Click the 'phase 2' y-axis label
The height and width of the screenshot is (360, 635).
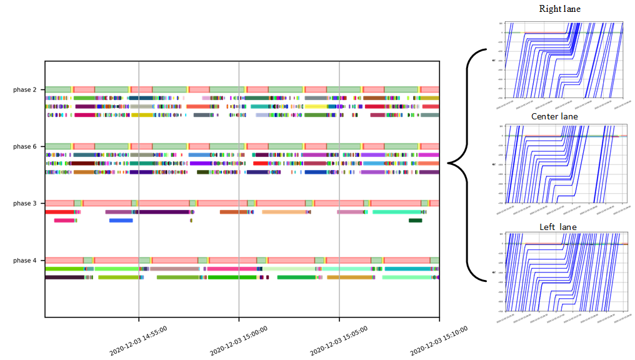coord(26,90)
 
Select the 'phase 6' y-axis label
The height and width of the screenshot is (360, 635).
coord(26,147)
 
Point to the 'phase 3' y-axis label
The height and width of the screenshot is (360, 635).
coord(26,204)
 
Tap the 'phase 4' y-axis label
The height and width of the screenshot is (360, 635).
coord(26,261)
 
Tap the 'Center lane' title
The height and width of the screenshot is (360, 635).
coord(554,117)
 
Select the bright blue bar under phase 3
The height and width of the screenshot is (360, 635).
coord(121,221)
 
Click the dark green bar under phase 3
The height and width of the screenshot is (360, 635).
coord(415,221)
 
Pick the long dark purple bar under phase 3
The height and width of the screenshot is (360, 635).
coord(164,212)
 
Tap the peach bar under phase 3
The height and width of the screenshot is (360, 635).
coord(285,212)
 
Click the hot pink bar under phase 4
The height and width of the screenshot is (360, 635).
coord(231,269)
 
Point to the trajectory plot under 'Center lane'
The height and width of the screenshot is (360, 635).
coord(566,169)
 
